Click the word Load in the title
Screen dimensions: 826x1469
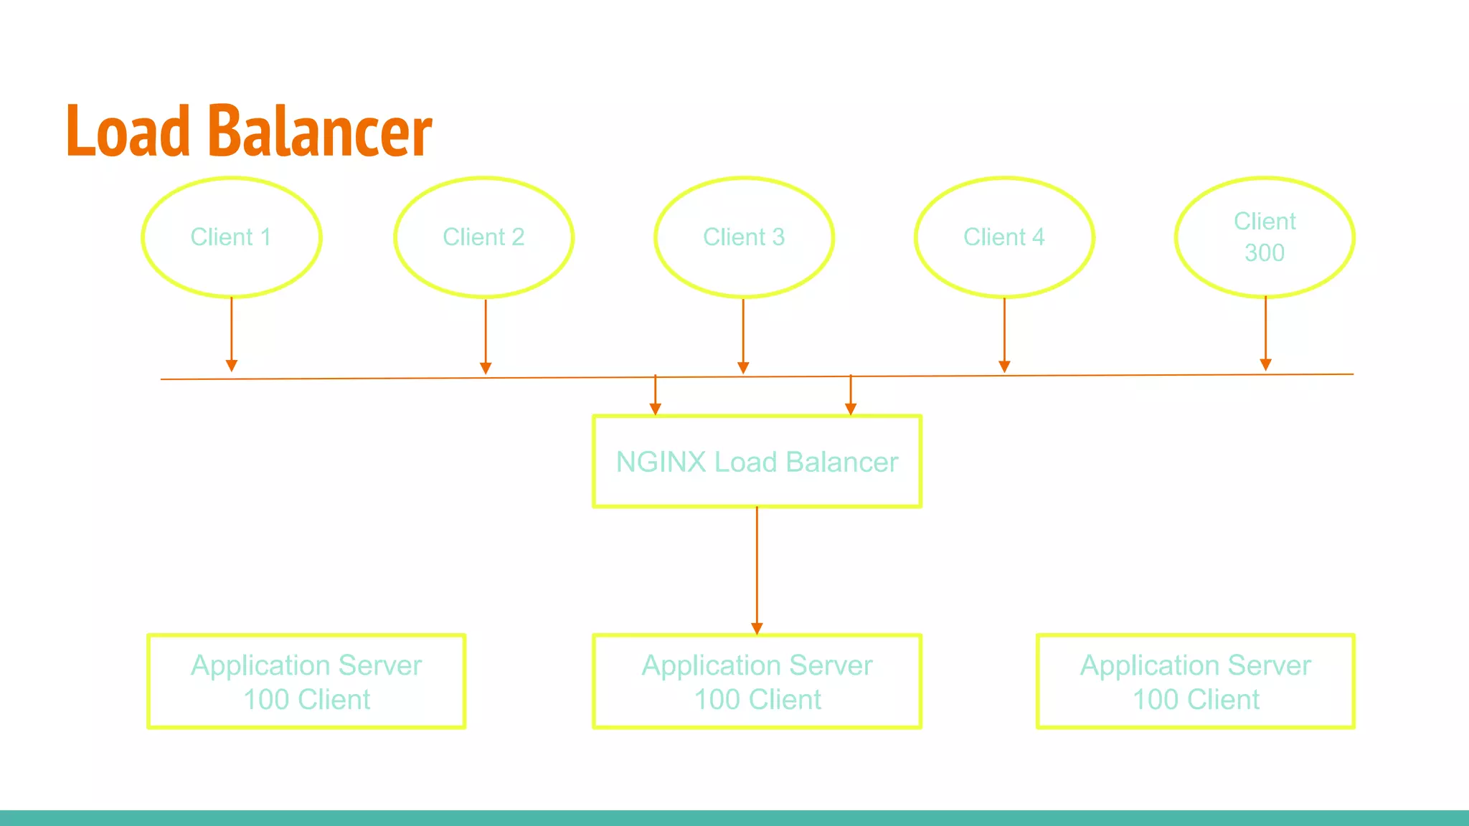point(128,131)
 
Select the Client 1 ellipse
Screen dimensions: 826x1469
point(231,237)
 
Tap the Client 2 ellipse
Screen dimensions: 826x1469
point(484,237)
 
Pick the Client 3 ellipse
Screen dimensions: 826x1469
point(744,237)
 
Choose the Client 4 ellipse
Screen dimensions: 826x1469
point(1004,237)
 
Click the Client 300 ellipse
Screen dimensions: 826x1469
point(1265,237)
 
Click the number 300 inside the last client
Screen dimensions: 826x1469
point(1265,253)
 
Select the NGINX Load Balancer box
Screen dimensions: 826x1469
point(757,462)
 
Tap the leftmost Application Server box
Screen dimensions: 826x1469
point(306,681)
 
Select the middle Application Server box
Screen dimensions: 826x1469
point(757,681)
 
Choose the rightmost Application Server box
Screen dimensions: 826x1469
point(1196,681)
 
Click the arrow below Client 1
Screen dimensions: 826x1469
point(232,333)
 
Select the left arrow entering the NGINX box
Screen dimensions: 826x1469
point(655,396)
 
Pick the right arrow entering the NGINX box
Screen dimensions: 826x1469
point(851,396)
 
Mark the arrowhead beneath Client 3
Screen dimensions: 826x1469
point(743,368)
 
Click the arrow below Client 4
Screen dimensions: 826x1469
point(1004,333)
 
